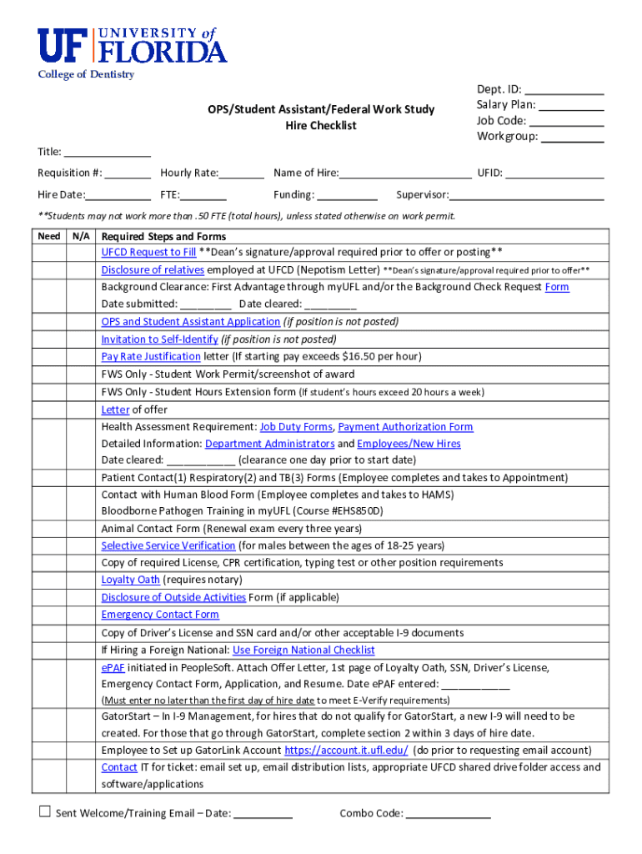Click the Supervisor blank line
(x=527, y=196)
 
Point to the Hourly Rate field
(x=242, y=173)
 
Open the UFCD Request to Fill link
(x=148, y=252)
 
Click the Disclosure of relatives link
(x=153, y=269)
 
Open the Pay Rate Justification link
(x=151, y=356)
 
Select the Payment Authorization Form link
(x=405, y=427)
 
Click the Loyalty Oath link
(x=130, y=580)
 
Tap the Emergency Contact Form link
(x=160, y=615)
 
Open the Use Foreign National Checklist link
(x=303, y=650)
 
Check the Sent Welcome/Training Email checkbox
(x=45, y=812)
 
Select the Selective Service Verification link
(x=168, y=545)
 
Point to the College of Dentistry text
(x=86, y=75)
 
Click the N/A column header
(x=82, y=236)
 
